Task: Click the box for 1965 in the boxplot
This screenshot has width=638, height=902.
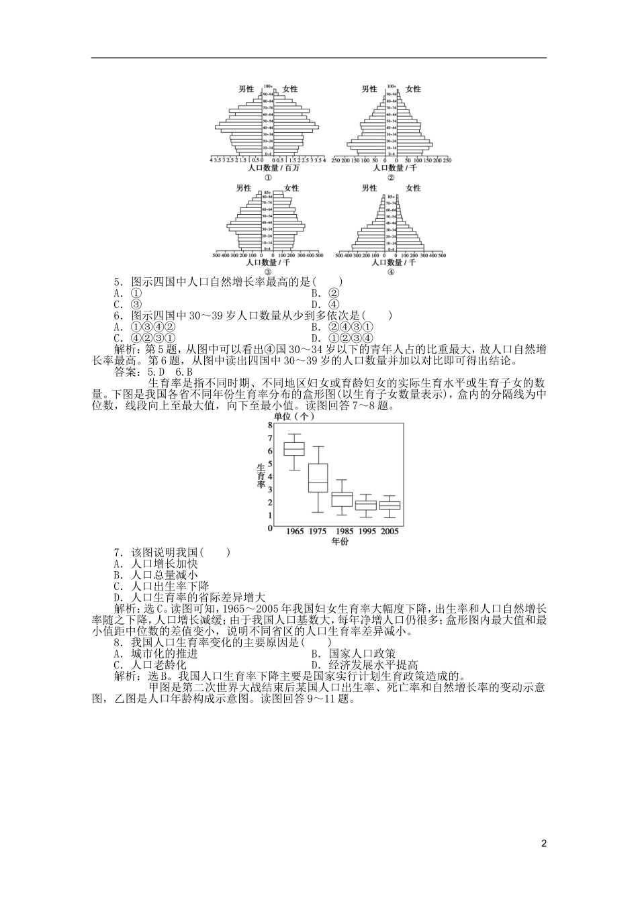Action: click(294, 449)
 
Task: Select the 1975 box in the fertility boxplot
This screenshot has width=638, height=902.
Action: click(318, 478)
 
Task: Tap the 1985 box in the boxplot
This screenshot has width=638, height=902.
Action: click(342, 499)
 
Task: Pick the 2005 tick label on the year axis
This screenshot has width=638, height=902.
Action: click(390, 532)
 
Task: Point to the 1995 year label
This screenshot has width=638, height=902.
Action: click(366, 532)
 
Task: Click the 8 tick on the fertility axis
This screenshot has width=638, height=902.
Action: click(271, 425)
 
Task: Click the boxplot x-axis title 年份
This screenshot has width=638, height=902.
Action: click(340, 542)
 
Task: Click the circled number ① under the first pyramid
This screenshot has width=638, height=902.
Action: click(267, 178)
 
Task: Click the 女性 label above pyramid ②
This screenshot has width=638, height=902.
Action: click(413, 89)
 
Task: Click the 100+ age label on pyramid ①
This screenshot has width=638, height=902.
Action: click(267, 87)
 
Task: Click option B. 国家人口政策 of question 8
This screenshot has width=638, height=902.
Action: click(353, 654)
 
